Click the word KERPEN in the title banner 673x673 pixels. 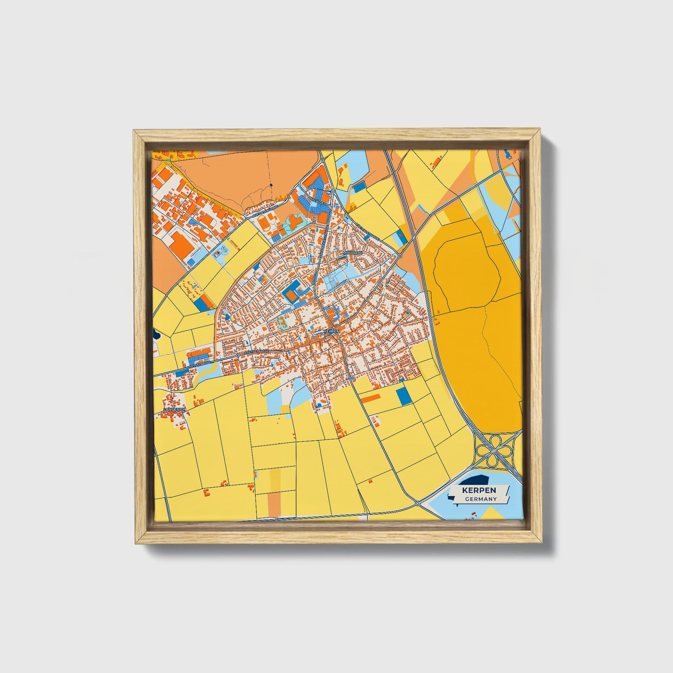click(479, 490)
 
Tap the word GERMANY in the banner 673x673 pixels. click(481, 499)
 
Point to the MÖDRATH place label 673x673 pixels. click(352, 252)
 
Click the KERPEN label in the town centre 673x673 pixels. click(332, 331)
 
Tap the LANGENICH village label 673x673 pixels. click(175, 409)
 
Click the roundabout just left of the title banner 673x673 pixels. click(417, 503)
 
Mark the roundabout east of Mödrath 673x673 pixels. click(400, 256)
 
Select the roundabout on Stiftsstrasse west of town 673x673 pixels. click(238, 355)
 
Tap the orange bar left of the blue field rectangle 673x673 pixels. click(371, 398)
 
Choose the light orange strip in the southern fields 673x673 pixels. click(274, 503)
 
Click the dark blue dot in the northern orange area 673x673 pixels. click(271, 185)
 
